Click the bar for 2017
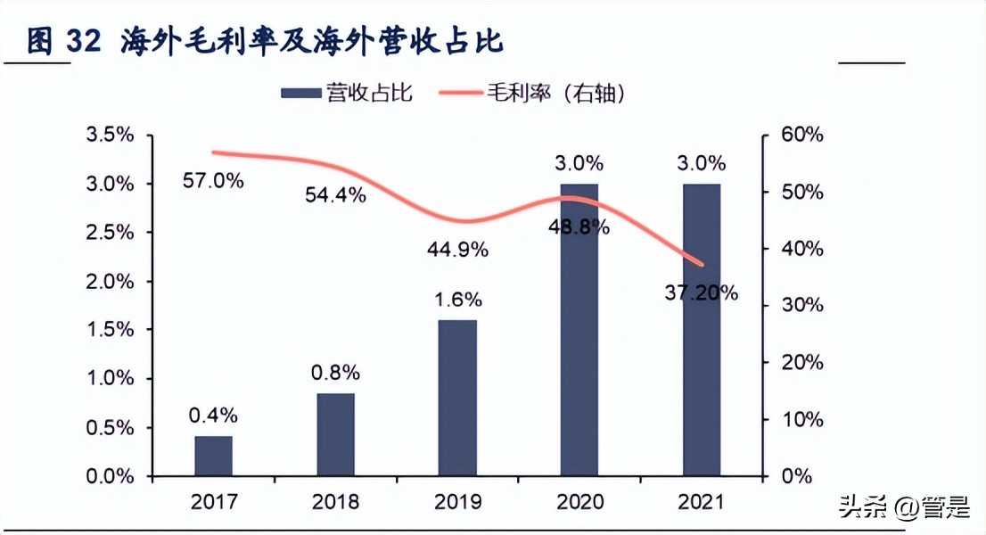coord(213,456)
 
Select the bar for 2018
coord(335,434)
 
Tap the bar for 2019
coord(458,398)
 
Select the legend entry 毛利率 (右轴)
coord(554,93)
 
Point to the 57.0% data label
coord(213,180)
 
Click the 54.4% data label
coord(335,195)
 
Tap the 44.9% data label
coord(458,251)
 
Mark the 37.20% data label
coord(702,292)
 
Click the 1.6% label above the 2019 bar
coord(458,298)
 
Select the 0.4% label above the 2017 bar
coord(213,414)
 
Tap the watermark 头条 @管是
coord(904,508)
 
